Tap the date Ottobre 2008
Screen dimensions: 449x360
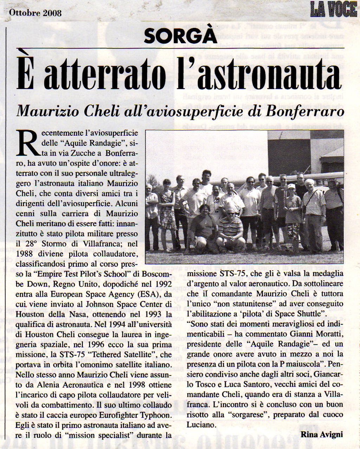coord(35,13)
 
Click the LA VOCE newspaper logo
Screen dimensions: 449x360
coord(333,9)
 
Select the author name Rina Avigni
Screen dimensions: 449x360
coord(321,435)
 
